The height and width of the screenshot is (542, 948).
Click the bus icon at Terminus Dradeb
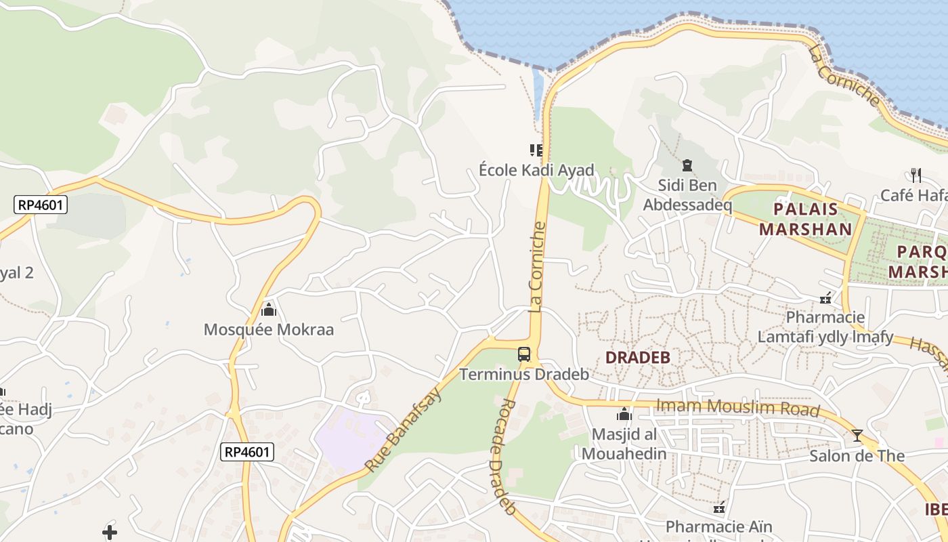[524, 354]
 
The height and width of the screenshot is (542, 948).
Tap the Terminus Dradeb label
[524, 374]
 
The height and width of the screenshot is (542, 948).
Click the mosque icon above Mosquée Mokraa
[269, 310]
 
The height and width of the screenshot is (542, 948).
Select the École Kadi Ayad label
[536, 170]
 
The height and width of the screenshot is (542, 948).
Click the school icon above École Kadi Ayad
[536, 150]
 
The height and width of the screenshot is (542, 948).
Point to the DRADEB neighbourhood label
[637, 358]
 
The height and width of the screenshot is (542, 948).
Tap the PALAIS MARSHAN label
[805, 219]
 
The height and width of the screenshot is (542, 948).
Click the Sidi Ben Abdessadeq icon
[687, 165]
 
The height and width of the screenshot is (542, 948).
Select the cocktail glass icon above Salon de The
[857, 435]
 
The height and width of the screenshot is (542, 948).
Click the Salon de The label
[857, 455]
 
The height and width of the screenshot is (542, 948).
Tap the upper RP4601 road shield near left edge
[41, 205]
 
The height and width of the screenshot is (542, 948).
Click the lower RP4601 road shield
[247, 452]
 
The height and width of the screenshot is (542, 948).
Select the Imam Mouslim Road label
[738, 408]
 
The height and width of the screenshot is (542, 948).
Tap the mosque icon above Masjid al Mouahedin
[624, 414]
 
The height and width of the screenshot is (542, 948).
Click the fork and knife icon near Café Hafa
[915, 175]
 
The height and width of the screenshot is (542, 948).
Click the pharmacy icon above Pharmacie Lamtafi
[825, 297]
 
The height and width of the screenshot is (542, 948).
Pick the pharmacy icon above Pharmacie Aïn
[719, 506]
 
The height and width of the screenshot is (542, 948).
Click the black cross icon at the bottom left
[110, 532]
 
